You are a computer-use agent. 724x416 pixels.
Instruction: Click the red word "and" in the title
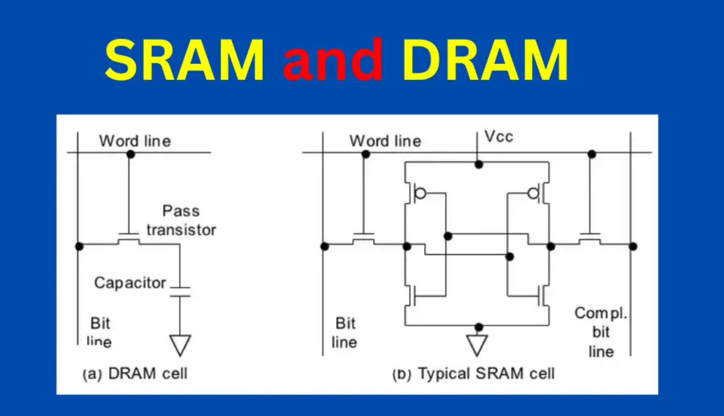[333, 59]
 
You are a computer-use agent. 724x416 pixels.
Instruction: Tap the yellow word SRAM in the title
[184, 60]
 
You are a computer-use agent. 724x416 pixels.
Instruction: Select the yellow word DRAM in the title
[485, 60]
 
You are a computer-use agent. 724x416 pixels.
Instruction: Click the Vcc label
[499, 137]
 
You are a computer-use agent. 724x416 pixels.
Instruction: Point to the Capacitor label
[130, 283]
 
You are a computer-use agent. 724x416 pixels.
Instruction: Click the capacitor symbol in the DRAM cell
[180, 292]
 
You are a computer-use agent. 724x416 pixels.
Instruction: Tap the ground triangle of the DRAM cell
[180, 345]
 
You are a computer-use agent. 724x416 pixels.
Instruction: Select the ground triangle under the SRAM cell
[477, 345]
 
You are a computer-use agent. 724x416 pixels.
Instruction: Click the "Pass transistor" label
[181, 221]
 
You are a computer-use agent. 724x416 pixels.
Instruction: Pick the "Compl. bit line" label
[601, 332]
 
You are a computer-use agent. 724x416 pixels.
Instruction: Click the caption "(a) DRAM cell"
[135, 374]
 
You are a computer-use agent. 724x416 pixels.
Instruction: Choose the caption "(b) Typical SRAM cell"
[474, 374]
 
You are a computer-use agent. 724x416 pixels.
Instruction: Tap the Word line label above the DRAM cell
[135, 141]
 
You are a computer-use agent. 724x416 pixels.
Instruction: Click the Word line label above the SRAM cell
[385, 141]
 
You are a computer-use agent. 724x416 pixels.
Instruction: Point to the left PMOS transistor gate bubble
[420, 193]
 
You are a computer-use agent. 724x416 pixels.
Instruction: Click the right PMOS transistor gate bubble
[533, 193]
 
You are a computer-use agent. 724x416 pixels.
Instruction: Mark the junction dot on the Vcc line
[479, 165]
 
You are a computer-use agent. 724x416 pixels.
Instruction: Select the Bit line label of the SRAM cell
[345, 333]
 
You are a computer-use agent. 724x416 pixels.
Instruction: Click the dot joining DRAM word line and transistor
[130, 154]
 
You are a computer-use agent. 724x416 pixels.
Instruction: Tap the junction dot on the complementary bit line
[633, 246]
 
